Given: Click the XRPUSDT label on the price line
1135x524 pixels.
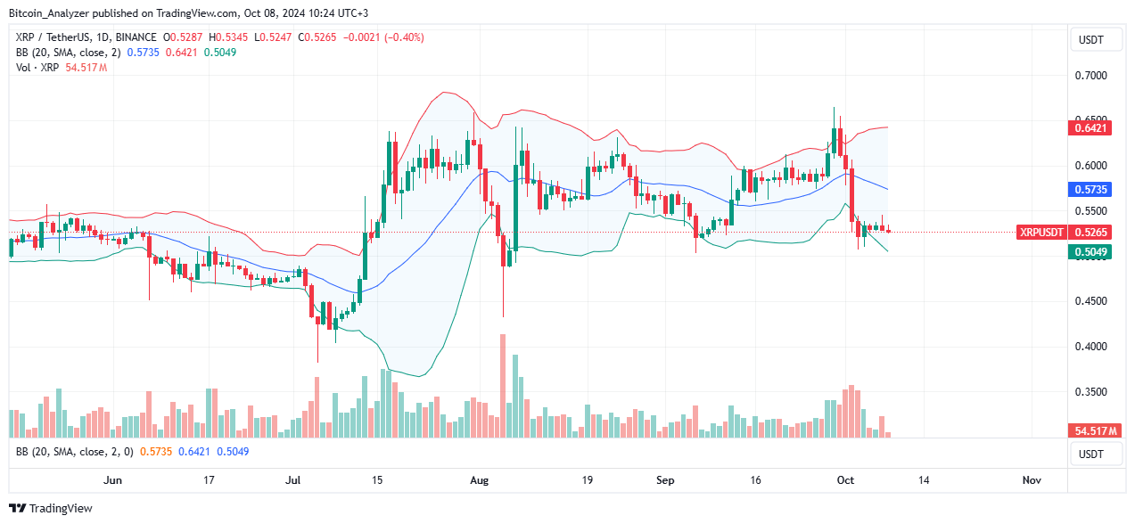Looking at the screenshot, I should [x=1042, y=232].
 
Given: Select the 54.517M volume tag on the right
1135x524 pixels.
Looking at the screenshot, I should [x=1092, y=430].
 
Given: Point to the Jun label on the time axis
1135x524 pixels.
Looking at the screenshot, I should [x=112, y=480].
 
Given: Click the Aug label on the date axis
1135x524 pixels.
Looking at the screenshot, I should [x=480, y=480].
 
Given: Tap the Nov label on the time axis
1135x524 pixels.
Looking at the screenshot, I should [x=1032, y=480].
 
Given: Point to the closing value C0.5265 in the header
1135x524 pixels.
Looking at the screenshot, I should [x=317, y=37].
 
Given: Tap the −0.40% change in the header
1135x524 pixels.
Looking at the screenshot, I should [x=404, y=37].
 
